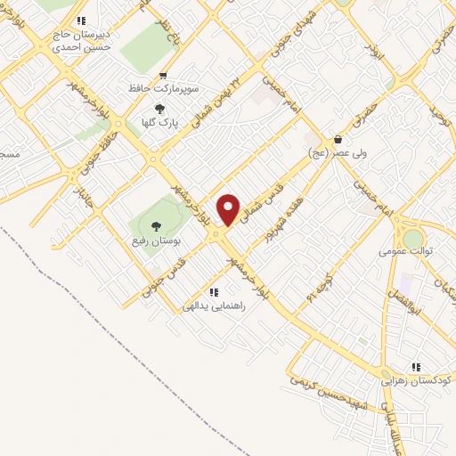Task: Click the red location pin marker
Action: coord(229,209)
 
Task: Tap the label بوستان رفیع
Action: coord(157,240)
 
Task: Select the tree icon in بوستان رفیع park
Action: coord(157,226)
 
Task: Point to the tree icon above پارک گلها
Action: coord(159,109)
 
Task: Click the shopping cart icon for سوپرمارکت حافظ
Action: coord(162,76)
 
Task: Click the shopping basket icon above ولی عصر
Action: coord(338,139)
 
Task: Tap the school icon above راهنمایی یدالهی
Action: coord(213,291)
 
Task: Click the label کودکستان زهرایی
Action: coord(417,379)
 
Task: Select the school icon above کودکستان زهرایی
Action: coord(416,366)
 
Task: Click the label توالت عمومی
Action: coord(405,251)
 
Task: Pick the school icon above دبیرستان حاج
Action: coord(81,20)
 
